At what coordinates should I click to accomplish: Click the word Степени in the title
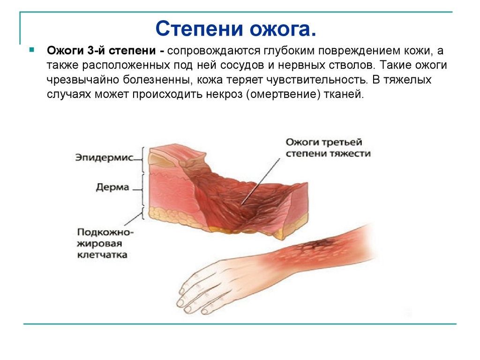point(199,29)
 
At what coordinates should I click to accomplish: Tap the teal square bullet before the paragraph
point(31,49)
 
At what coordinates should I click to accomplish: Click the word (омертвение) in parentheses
point(283,94)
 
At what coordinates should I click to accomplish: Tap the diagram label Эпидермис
point(105,157)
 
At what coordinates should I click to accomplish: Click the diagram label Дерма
point(112,187)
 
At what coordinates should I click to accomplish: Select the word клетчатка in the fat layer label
point(102,255)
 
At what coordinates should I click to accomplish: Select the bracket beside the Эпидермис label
point(142,159)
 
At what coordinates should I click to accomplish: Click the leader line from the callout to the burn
point(261,181)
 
